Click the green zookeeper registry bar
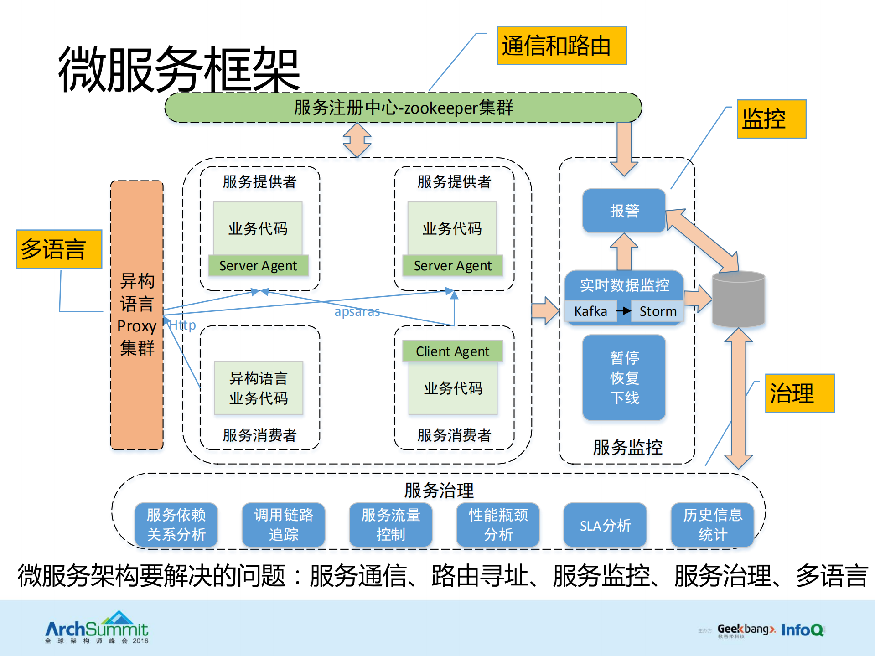point(403,108)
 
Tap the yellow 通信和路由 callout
point(561,46)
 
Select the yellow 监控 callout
point(771,119)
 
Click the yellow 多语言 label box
point(59,249)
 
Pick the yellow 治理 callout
point(799,393)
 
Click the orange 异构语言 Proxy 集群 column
point(137,315)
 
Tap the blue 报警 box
point(624,211)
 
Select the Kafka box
point(590,311)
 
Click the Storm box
point(658,311)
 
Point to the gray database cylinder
point(738,300)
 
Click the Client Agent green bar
point(452,351)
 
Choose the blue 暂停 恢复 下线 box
point(624,377)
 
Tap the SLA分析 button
point(605,525)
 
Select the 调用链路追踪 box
point(283,525)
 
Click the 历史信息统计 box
point(712,525)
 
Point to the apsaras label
point(357,311)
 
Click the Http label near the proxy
point(182,325)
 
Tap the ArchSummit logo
point(97,628)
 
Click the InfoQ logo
point(803,630)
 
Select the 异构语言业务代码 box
point(259,388)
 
